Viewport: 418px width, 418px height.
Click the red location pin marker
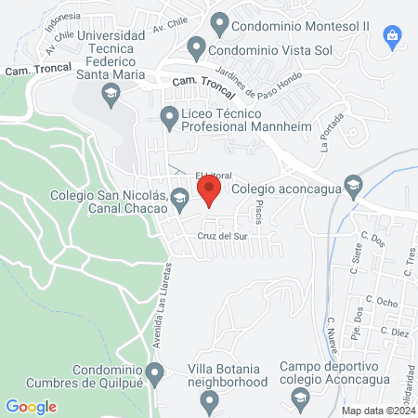[x=209, y=191]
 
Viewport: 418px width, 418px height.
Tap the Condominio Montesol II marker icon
[x=219, y=20]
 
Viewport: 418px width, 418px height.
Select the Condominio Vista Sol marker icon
[x=196, y=46]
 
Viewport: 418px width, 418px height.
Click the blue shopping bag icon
[x=393, y=36]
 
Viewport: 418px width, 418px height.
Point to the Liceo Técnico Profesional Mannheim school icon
[x=169, y=117]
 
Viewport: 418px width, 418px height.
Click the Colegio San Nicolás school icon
[x=180, y=196]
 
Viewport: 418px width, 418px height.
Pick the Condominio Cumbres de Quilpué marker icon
[x=155, y=374]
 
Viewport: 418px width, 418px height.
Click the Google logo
[x=31, y=407]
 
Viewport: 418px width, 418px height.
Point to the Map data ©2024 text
[x=378, y=410]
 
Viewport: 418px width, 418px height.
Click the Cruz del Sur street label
[x=220, y=236]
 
